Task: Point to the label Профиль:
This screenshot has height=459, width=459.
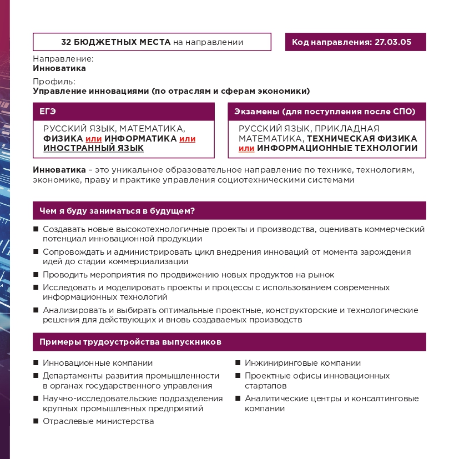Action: [54, 82]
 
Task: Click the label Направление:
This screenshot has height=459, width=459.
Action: [63, 58]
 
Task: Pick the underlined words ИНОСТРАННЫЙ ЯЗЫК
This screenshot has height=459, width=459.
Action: [93, 148]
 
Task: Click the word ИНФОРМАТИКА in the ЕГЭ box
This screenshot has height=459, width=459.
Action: [140, 138]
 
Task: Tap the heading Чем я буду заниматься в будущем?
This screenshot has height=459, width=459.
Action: [117, 211]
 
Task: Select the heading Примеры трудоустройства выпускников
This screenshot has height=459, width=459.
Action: [130, 342]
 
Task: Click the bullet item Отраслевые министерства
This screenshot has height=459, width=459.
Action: [98, 421]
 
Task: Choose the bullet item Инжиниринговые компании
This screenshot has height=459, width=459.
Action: [302, 363]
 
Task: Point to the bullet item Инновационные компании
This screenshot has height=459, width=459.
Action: [98, 363]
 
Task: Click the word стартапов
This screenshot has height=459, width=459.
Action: [266, 385]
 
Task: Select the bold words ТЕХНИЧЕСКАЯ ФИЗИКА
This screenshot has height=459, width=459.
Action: [362, 138]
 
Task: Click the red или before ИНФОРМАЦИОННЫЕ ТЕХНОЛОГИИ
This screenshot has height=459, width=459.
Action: [246, 148]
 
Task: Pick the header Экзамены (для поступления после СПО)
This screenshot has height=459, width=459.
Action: [325, 112]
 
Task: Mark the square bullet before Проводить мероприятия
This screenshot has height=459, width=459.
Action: [36, 275]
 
